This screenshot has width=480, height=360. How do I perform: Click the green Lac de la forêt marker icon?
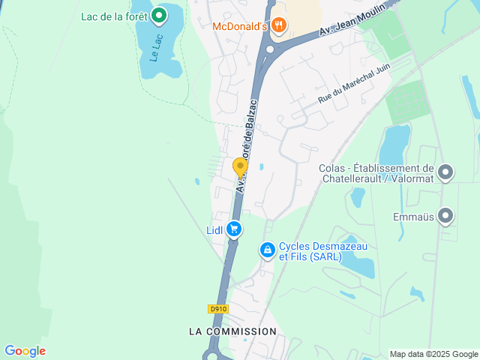click(159, 15)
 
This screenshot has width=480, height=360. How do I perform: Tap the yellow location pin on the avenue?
click(240, 167)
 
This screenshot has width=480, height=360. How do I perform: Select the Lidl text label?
click(214, 230)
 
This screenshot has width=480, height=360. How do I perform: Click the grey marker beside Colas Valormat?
click(446, 173)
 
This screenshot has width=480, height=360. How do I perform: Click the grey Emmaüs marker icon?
click(446, 217)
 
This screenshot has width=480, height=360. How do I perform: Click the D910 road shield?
click(217, 309)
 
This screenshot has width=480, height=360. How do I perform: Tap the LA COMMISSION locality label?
click(232, 331)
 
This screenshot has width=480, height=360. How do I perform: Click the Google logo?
click(25, 351)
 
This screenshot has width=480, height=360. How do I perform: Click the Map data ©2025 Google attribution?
click(433, 354)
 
